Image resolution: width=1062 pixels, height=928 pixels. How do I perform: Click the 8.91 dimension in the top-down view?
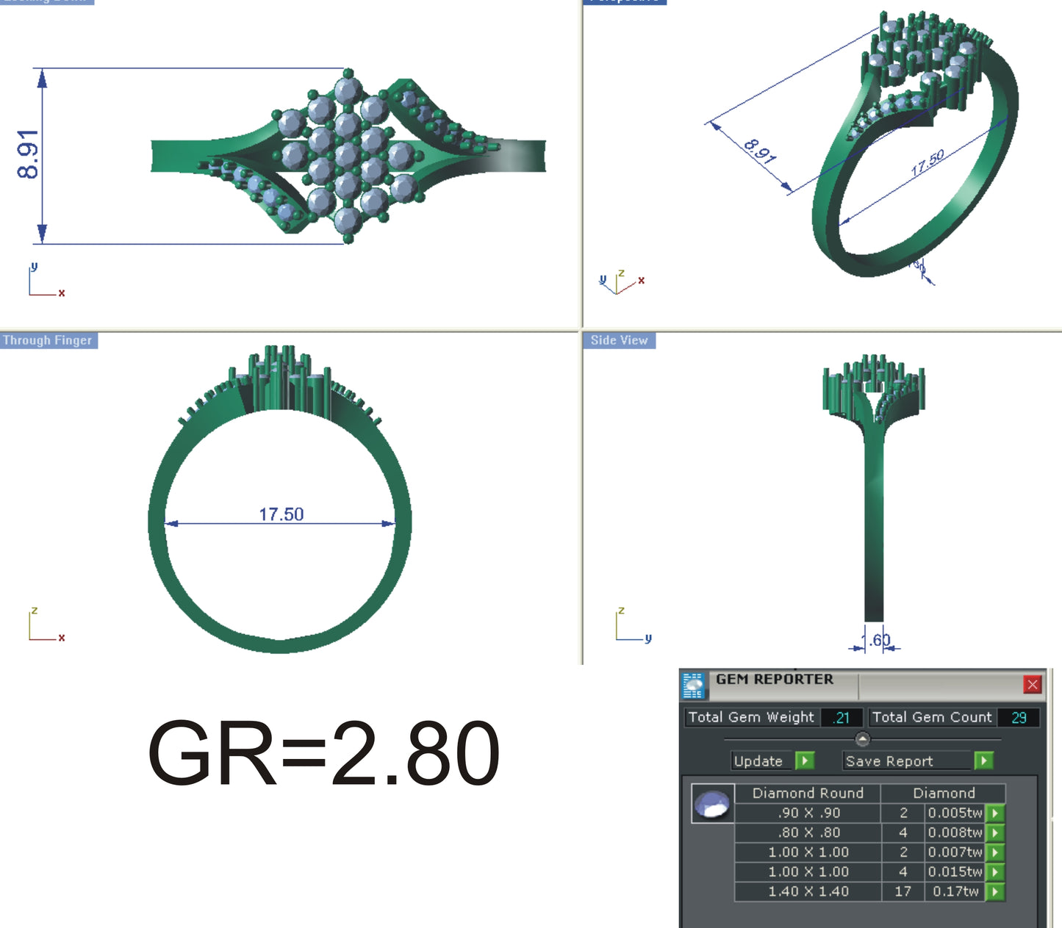tap(28, 154)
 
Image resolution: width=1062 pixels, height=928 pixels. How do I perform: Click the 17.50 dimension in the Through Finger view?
tap(281, 514)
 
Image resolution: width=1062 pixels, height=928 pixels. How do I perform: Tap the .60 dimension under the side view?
tap(879, 640)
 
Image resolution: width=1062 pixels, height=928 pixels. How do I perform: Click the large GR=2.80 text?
tap(323, 754)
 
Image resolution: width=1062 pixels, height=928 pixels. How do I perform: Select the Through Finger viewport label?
tap(48, 340)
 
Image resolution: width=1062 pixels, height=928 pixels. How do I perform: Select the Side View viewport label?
tap(619, 340)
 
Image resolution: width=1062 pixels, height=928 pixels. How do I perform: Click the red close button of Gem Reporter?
tap(1032, 685)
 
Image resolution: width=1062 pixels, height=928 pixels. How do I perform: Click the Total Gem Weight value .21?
tap(842, 718)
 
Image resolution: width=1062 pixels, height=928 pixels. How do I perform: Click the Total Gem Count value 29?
tap(1019, 718)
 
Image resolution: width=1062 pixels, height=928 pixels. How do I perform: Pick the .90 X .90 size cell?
tap(808, 813)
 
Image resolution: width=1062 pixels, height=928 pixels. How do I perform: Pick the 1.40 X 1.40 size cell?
tap(808, 891)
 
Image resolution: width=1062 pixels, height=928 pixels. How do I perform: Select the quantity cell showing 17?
tap(903, 891)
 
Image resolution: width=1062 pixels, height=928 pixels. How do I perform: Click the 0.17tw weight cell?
tap(955, 891)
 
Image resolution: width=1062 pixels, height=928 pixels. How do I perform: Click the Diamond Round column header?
tap(808, 793)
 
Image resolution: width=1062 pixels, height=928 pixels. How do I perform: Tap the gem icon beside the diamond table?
tap(712, 804)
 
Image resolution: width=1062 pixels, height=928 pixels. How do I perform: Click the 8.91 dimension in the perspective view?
tap(759, 151)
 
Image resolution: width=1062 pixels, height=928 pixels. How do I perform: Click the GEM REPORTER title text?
tap(775, 680)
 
